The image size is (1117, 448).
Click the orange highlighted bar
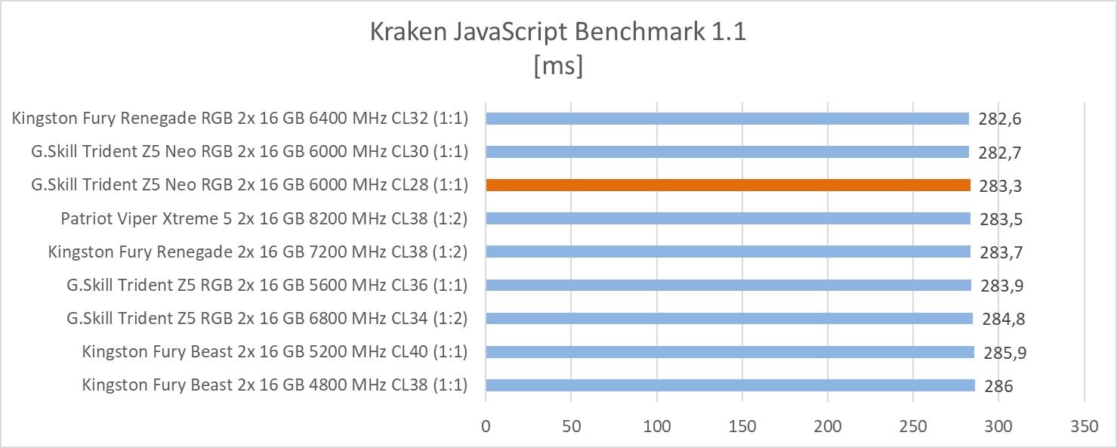coord(727,185)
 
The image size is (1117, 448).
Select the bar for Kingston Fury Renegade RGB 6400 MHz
coord(727,119)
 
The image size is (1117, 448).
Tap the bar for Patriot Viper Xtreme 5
coord(727,218)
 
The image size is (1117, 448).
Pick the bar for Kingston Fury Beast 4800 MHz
coord(730,385)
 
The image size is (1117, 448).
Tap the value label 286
coord(998,386)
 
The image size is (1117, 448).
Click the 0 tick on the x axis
coord(486,425)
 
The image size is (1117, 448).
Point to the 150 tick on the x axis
coord(742,425)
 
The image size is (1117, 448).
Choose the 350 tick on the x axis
coord(1084,425)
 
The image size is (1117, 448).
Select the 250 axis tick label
coord(913,425)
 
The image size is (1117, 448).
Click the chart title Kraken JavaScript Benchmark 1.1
coord(558,33)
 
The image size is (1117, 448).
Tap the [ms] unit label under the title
coord(558,66)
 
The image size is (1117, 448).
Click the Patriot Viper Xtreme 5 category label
coord(264,218)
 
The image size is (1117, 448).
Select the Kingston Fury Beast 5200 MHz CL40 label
coord(275,352)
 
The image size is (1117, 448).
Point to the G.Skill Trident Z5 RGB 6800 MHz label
coord(267,319)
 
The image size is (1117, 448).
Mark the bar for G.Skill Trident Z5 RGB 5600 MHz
coord(728,286)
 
